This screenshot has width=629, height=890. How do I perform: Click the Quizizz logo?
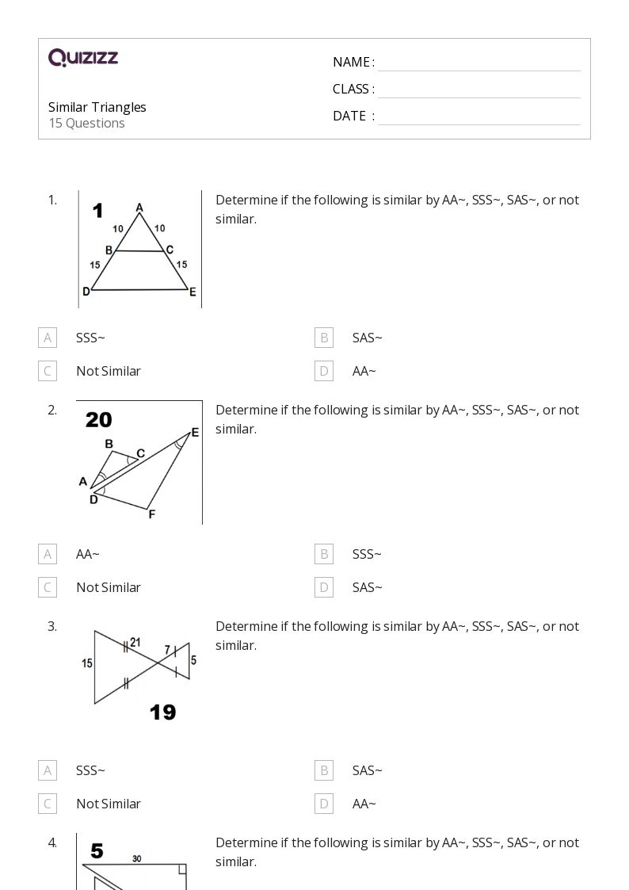tap(83, 58)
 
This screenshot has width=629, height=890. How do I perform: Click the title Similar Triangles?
tap(97, 107)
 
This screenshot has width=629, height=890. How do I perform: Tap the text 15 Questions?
tap(86, 123)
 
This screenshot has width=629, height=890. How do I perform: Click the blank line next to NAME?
tap(478, 63)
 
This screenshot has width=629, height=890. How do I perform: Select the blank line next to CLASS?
tap(478, 90)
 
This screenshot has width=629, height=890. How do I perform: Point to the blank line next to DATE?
tap(478, 117)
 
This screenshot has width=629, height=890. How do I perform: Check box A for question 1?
tap(48, 338)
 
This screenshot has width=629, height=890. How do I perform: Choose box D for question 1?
tap(323, 371)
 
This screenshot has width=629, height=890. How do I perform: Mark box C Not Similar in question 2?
tap(48, 587)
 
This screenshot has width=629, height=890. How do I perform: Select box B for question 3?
tap(323, 770)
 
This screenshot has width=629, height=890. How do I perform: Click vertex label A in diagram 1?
tap(139, 208)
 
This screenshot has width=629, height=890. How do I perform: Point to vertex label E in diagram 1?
tap(193, 292)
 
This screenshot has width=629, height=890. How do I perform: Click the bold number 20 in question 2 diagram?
tap(99, 420)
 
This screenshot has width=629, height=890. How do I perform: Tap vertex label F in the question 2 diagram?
tap(151, 514)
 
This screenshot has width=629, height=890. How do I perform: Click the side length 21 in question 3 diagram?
tap(135, 643)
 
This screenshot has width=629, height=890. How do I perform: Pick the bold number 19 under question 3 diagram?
tap(162, 712)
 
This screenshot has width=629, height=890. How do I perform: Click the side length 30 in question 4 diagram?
tap(137, 858)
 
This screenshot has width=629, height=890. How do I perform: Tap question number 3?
tap(52, 626)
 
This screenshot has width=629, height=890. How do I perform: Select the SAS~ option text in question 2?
tap(367, 587)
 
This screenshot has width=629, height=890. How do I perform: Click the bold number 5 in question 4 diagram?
tap(97, 851)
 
